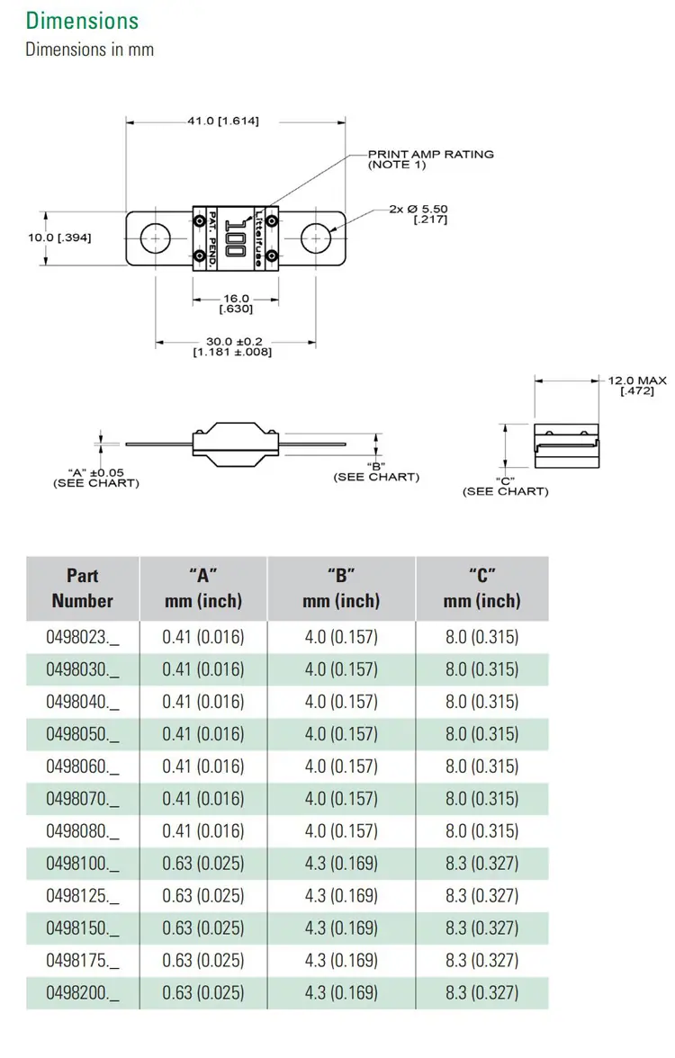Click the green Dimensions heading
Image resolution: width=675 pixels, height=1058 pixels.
pos(82,21)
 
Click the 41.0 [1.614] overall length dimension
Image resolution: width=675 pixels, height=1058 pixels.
pos(223,121)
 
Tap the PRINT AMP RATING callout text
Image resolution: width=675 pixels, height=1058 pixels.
pos(430,159)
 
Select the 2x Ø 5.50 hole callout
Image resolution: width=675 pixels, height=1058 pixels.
pos(419,214)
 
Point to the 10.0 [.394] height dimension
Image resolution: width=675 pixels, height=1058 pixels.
pos(59,238)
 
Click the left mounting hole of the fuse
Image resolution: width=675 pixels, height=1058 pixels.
pos(156,238)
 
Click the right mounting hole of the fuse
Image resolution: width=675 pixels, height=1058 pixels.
pos(315,238)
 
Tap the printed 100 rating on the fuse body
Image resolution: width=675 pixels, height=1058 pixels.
pos(235,238)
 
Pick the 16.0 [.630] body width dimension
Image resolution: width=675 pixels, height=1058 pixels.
pos(236,303)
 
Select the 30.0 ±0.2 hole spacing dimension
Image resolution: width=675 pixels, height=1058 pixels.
pos(233,346)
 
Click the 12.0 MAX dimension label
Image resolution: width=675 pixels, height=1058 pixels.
pos(636,385)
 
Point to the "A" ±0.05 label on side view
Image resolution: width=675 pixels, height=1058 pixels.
pos(95,478)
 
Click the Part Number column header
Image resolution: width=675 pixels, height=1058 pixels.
pos(83,588)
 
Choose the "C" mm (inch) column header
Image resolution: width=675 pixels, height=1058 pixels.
pos(482,588)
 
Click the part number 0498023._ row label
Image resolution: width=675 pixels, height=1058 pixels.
pos(83,637)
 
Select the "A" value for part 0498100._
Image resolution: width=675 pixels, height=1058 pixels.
pos(203,864)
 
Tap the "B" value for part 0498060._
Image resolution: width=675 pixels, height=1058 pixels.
pos(341,767)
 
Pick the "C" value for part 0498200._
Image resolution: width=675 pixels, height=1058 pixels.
pos(482,993)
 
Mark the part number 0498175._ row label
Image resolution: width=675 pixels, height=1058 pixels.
pos(83,961)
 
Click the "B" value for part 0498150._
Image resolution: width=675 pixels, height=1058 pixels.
pos(341,928)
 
